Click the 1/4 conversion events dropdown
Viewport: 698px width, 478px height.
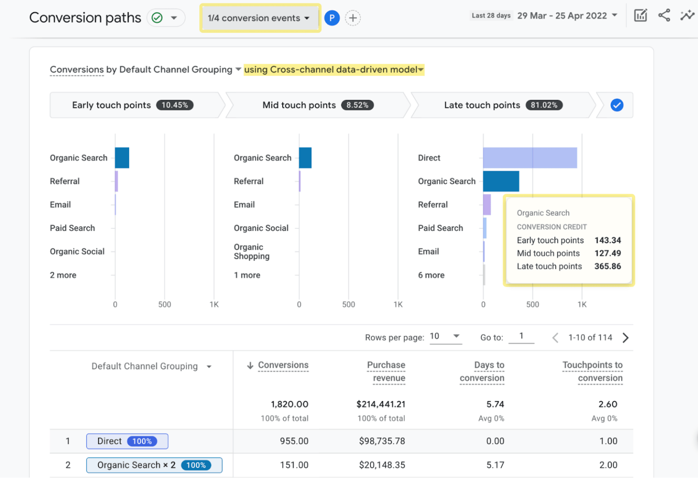[259, 18]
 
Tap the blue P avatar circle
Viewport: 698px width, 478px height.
[332, 18]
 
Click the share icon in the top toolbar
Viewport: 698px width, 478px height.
[664, 15]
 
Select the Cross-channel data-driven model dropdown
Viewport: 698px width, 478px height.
[334, 70]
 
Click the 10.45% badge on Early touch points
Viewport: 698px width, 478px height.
[174, 105]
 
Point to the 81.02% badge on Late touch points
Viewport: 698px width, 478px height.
[544, 105]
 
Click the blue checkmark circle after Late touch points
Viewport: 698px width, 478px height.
[617, 105]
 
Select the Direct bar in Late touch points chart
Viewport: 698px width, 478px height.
[529, 158]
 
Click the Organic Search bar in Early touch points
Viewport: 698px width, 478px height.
[122, 158]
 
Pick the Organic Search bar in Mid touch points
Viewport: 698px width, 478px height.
[305, 158]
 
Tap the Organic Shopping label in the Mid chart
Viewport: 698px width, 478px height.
[251, 252]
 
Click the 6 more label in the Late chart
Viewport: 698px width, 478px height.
[431, 275]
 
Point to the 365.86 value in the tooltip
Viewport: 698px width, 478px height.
[607, 267]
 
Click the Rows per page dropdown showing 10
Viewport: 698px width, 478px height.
[445, 337]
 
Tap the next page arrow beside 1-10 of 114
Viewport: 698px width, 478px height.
[625, 337]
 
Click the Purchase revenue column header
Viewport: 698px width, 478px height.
[386, 371]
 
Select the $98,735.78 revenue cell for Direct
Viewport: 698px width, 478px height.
[382, 441]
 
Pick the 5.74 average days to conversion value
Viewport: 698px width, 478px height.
[495, 404]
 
